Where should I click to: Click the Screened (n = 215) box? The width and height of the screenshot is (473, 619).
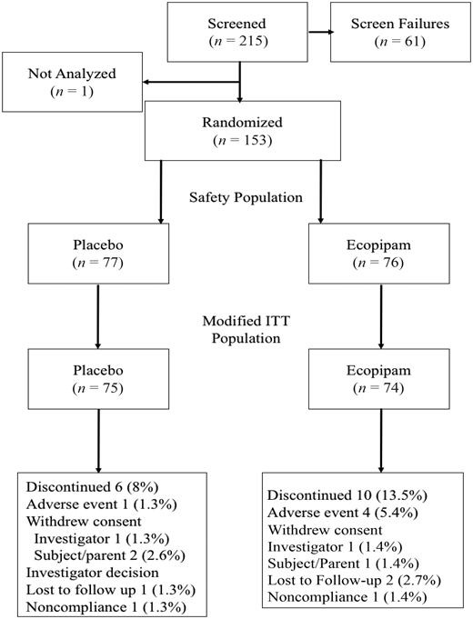(240, 33)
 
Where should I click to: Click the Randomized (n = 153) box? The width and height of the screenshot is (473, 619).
(240, 131)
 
